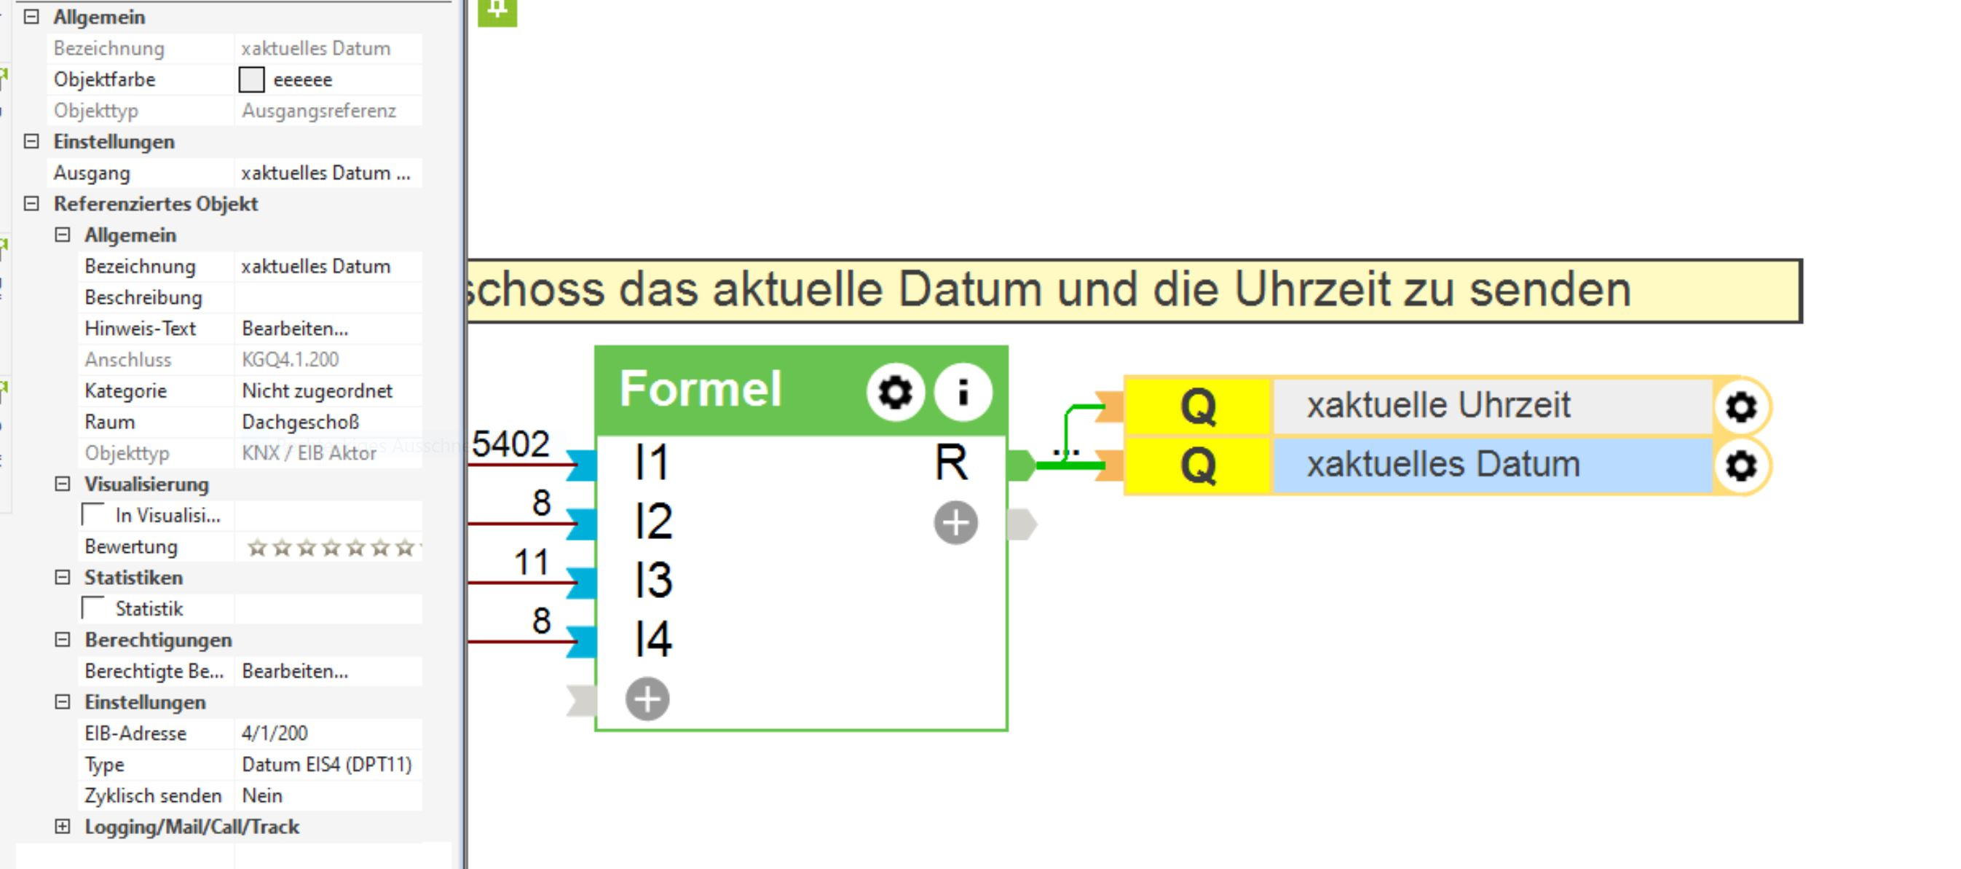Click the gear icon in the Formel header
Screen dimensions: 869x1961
[894, 392]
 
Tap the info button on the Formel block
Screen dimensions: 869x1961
[963, 392]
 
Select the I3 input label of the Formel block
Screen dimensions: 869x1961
[653, 581]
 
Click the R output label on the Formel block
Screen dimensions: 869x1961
[951, 463]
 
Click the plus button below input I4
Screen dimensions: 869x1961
[647, 699]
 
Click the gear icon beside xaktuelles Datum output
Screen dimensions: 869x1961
[1741, 466]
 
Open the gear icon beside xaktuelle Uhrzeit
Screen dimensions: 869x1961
[1741, 406]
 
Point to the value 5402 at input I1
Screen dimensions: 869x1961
[510, 444]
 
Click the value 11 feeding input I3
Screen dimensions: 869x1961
[532, 563]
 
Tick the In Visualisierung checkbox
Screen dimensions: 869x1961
[94, 516]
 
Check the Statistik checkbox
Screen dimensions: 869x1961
[94, 608]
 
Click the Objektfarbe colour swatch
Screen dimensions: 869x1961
[251, 79]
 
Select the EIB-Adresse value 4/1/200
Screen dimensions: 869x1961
[275, 734]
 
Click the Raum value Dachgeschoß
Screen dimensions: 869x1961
[301, 422]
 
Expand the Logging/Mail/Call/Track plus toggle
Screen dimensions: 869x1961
[63, 826]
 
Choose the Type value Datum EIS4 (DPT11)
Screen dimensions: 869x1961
[326, 765]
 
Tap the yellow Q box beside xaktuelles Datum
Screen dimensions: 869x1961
[1197, 466]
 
